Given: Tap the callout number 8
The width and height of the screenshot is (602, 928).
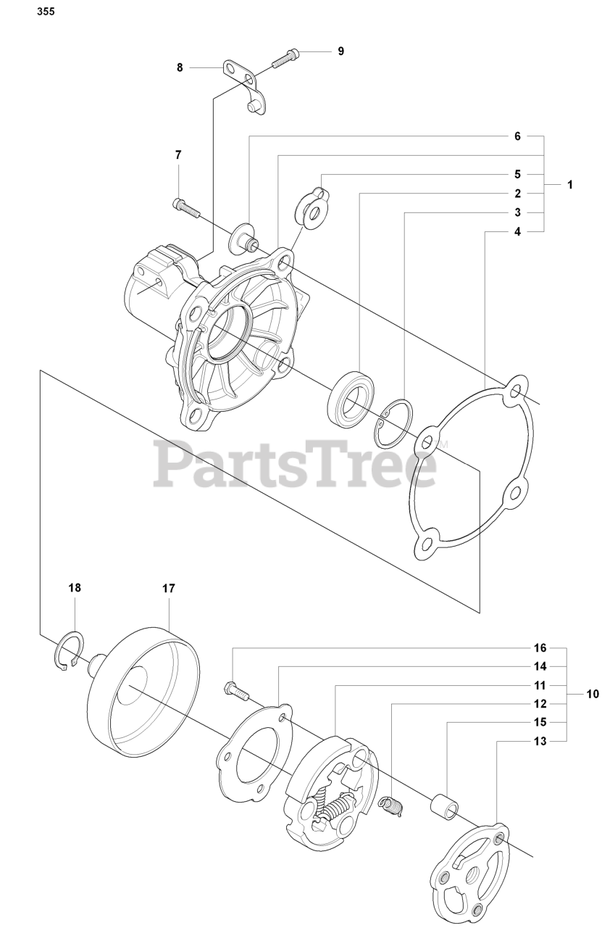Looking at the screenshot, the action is (180, 67).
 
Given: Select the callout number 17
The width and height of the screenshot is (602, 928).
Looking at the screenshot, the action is (168, 589).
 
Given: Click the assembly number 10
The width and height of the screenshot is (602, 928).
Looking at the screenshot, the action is (592, 694).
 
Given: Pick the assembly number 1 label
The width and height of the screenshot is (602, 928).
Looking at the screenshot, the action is (570, 185).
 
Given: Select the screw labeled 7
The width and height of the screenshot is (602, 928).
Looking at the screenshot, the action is (186, 208).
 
